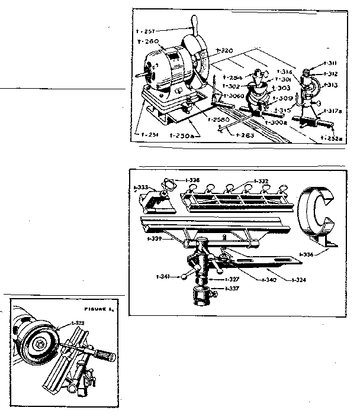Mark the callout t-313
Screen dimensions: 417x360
[331, 85]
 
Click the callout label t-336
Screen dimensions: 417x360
[306, 255]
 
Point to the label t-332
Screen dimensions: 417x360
[261, 181]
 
